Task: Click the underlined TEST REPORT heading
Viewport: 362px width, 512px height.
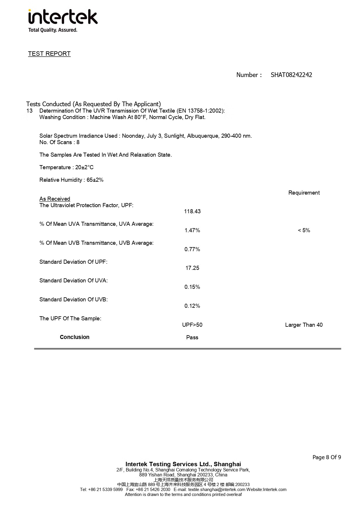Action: click(x=49, y=54)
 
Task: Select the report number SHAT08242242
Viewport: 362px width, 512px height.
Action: click(x=291, y=75)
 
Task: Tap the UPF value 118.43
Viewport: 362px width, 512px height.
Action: click(x=192, y=212)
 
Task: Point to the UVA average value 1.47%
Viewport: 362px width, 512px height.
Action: click(x=192, y=230)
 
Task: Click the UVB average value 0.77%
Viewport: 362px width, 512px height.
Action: click(x=192, y=249)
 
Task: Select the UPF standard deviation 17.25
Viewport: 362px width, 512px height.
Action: click(x=192, y=268)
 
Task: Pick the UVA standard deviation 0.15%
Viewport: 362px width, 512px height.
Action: click(x=192, y=287)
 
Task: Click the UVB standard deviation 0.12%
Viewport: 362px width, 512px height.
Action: click(x=192, y=306)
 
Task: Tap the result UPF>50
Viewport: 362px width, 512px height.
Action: click(x=192, y=325)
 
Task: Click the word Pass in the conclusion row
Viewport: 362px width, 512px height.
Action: click(x=192, y=338)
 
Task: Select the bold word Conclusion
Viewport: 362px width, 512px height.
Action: click(x=74, y=337)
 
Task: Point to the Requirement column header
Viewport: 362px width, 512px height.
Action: click(x=304, y=193)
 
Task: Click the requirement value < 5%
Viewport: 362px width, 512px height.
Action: click(x=304, y=230)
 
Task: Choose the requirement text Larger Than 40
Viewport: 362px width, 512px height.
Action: click(x=304, y=325)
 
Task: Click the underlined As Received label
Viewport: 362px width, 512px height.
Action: click(x=55, y=199)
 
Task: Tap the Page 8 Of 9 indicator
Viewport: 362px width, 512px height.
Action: click(x=327, y=457)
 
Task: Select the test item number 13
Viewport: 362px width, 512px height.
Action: click(x=29, y=111)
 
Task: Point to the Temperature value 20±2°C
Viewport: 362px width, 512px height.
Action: click(x=84, y=167)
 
